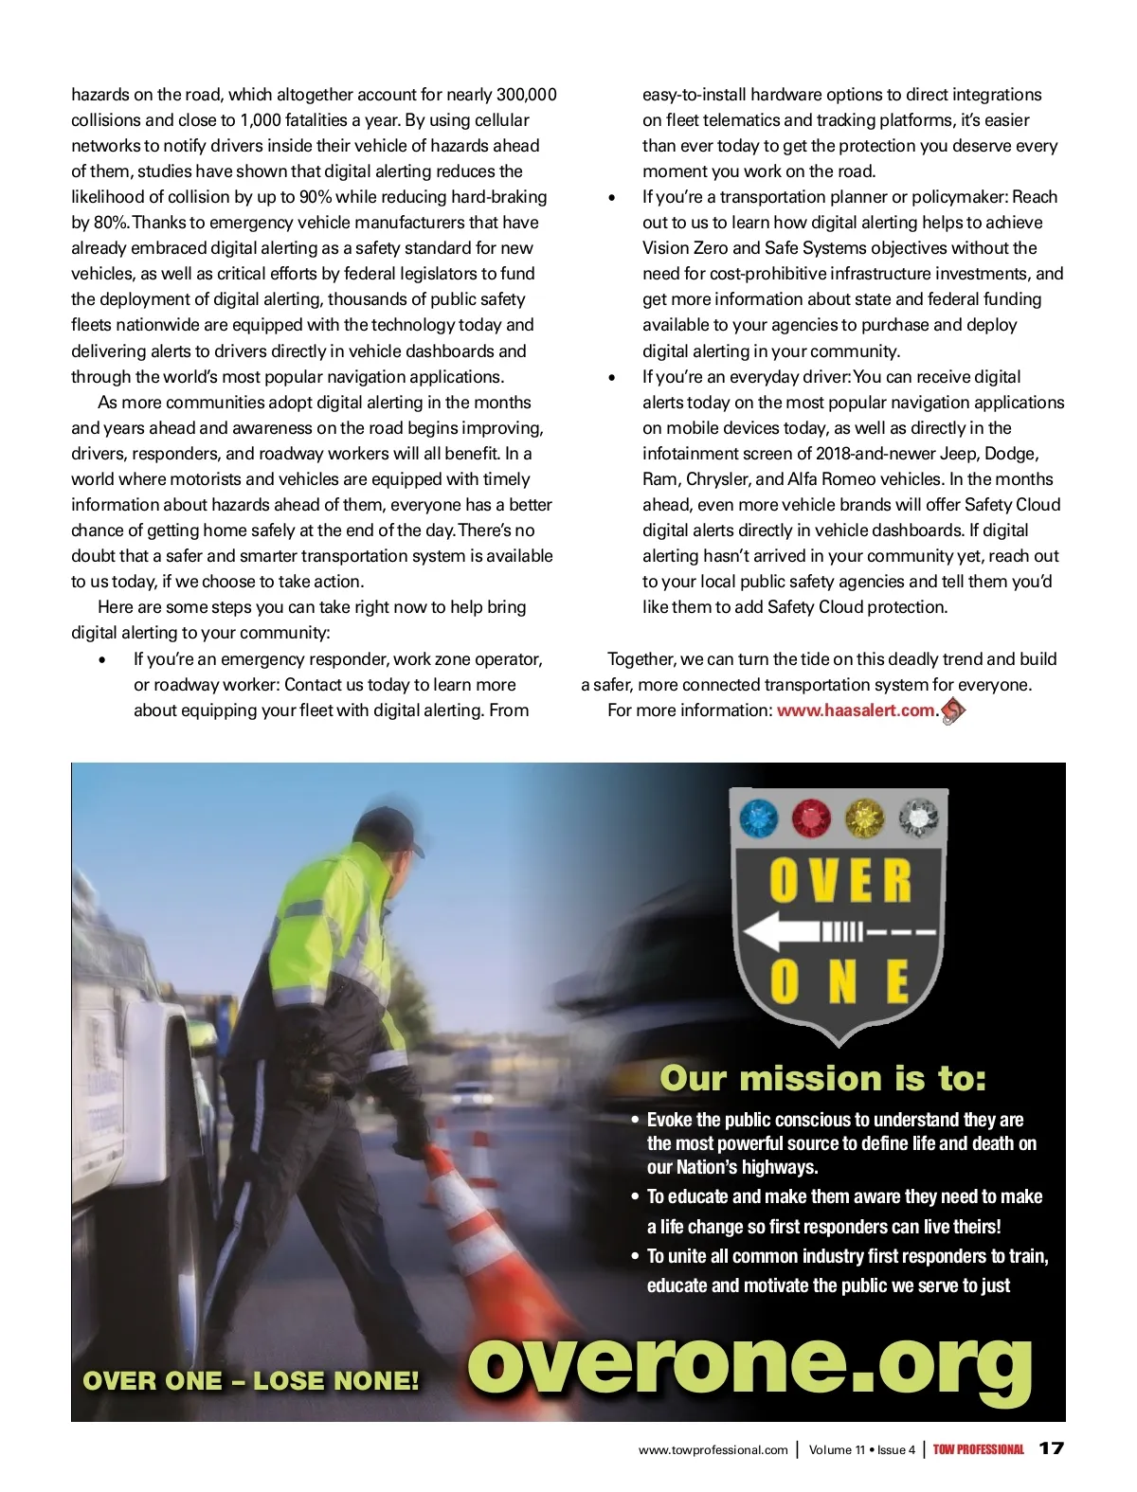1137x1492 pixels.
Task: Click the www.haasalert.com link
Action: pyautogui.click(x=856, y=710)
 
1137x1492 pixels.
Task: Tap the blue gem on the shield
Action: pyautogui.click(x=759, y=818)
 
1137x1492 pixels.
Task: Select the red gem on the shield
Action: pyautogui.click(x=811, y=818)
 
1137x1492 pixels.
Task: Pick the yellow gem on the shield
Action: pyautogui.click(x=864, y=818)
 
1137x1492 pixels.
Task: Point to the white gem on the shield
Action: pyautogui.click(x=917, y=818)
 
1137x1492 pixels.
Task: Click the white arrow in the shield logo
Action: pyautogui.click(x=786, y=932)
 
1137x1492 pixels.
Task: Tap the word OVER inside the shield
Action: pyautogui.click(x=839, y=880)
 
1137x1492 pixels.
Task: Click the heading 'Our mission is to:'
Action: pyautogui.click(x=822, y=1078)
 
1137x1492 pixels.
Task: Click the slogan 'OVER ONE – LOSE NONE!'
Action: pyautogui.click(x=251, y=1381)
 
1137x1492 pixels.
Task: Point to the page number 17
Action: pyautogui.click(x=1052, y=1448)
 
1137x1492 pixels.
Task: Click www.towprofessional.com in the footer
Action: pyautogui.click(x=713, y=1449)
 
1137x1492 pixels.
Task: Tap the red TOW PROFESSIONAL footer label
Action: pyautogui.click(x=978, y=1449)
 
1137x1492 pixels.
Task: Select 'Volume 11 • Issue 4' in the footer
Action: pyautogui.click(x=861, y=1449)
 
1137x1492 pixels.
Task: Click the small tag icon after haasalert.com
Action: pyautogui.click(x=953, y=710)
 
